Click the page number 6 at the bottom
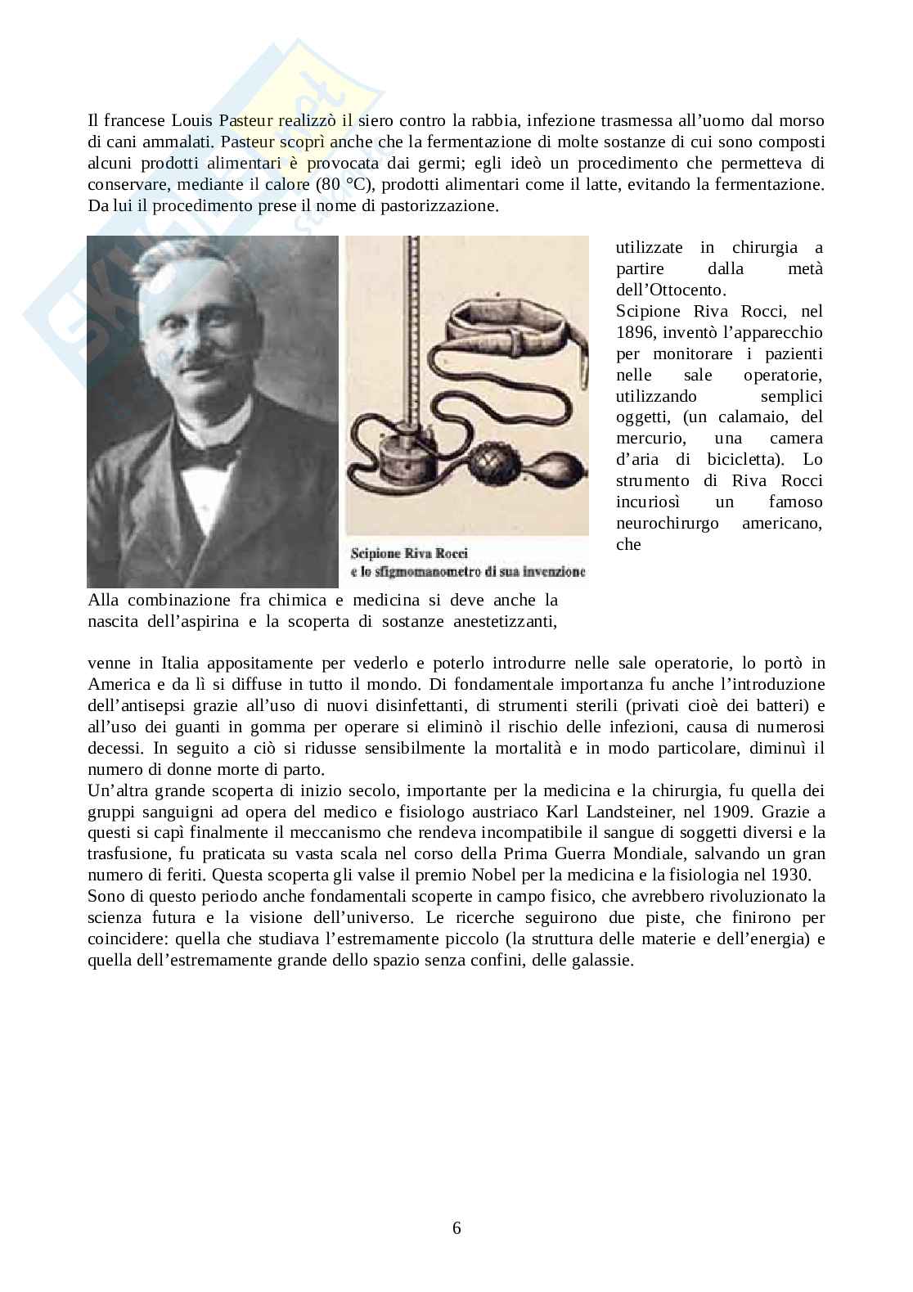point(456,1227)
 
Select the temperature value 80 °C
point(337,184)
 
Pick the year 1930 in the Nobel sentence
point(787,876)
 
